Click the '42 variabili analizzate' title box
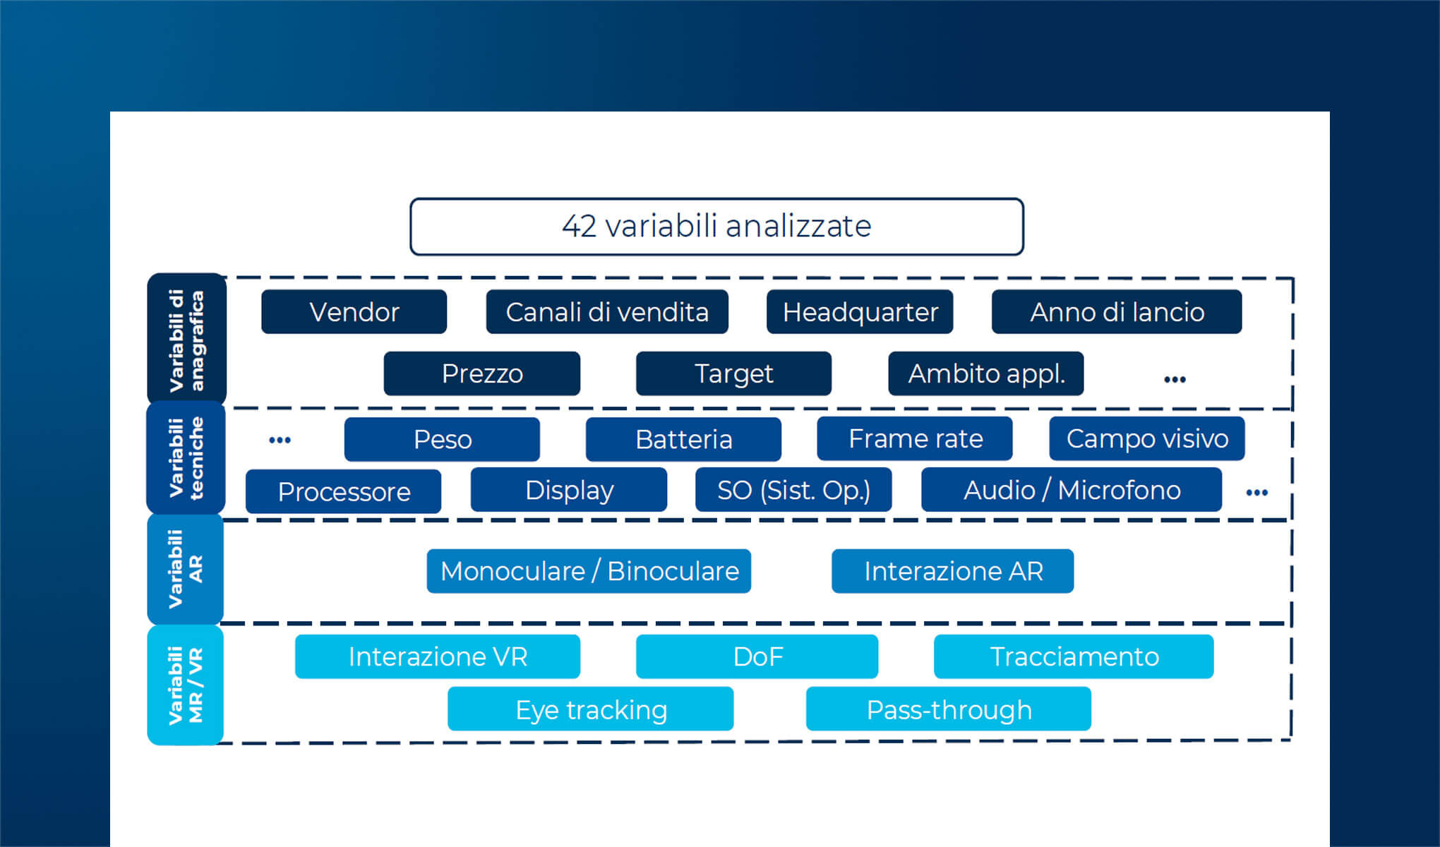(x=716, y=227)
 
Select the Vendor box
(x=354, y=312)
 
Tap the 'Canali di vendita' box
(x=607, y=312)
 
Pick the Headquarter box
(x=860, y=312)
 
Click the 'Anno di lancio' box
(x=1117, y=312)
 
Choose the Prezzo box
(x=482, y=373)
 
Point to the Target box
(x=733, y=373)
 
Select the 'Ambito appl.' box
(x=986, y=373)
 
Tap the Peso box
(x=442, y=439)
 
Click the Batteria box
(x=683, y=439)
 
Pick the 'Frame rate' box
(x=915, y=438)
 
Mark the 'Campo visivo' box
(x=1147, y=438)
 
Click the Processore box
(x=344, y=491)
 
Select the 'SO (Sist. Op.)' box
(x=793, y=490)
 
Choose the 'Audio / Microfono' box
(x=1072, y=490)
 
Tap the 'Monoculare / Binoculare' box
(x=589, y=571)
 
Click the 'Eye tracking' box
(x=591, y=709)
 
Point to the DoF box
(x=757, y=656)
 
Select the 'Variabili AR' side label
(x=186, y=569)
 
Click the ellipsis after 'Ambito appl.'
(x=1175, y=380)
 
